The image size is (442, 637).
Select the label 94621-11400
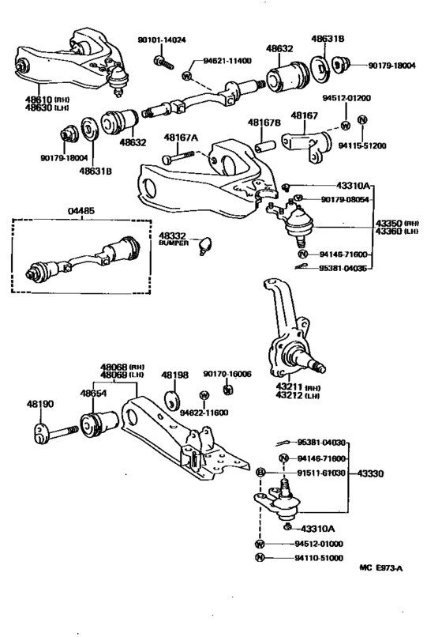227,60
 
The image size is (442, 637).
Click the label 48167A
181,138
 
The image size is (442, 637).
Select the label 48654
92,393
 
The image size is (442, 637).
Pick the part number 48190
39,405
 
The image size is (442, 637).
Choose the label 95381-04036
344,268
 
